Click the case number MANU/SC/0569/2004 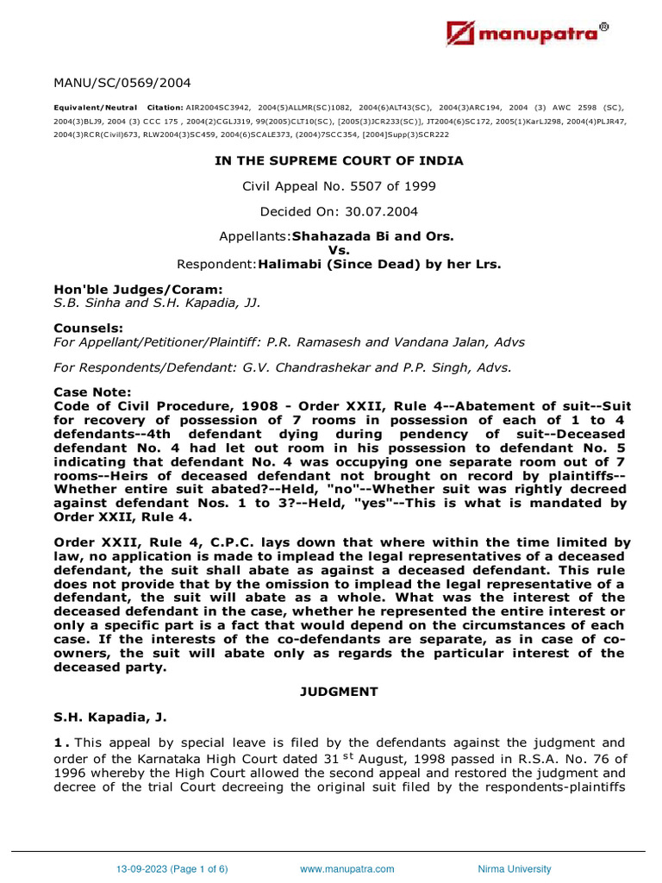(122, 83)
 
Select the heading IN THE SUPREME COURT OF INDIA (339, 160)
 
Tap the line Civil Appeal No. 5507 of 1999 (339, 186)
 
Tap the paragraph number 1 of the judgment (58, 743)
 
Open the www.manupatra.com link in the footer (347, 869)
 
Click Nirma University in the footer (514, 869)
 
